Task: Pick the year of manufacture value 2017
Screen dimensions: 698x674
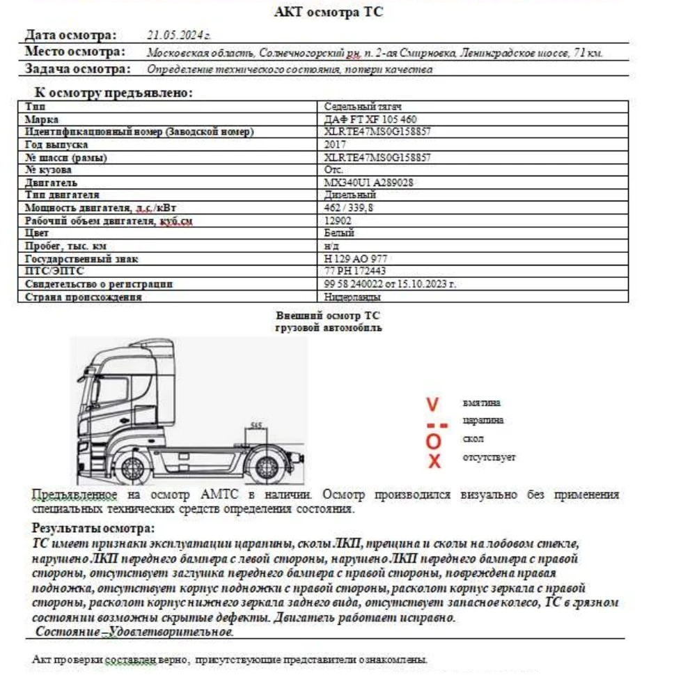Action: click(335, 145)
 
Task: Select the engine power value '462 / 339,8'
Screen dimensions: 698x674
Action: click(349, 208)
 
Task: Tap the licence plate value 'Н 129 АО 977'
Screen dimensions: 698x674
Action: click(356, 258)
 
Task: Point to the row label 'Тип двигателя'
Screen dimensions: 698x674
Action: click(63, 195)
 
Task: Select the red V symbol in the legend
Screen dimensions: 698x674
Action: click(433, 404)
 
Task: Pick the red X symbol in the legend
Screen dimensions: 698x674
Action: click(434, 460)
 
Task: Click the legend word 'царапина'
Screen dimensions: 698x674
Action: click(483, 420)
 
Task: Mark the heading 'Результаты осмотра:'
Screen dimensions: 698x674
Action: click(93, 528)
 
